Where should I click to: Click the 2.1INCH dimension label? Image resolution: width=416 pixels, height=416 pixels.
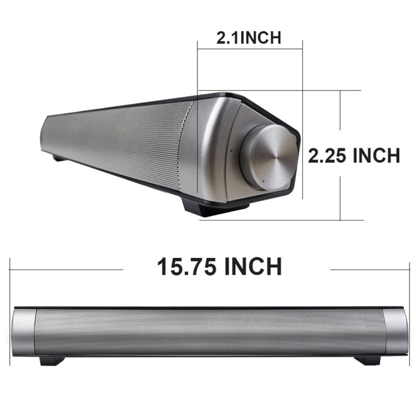click(248, 37)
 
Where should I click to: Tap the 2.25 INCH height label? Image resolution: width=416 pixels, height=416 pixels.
click(354, 156)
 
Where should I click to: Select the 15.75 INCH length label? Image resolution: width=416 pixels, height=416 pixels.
click(220, 267)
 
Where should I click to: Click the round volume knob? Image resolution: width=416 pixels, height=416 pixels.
click(270, 157)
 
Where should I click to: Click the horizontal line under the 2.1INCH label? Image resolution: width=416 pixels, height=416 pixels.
click(250, 49)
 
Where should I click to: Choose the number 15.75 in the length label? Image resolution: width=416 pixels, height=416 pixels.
click(187, 267)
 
